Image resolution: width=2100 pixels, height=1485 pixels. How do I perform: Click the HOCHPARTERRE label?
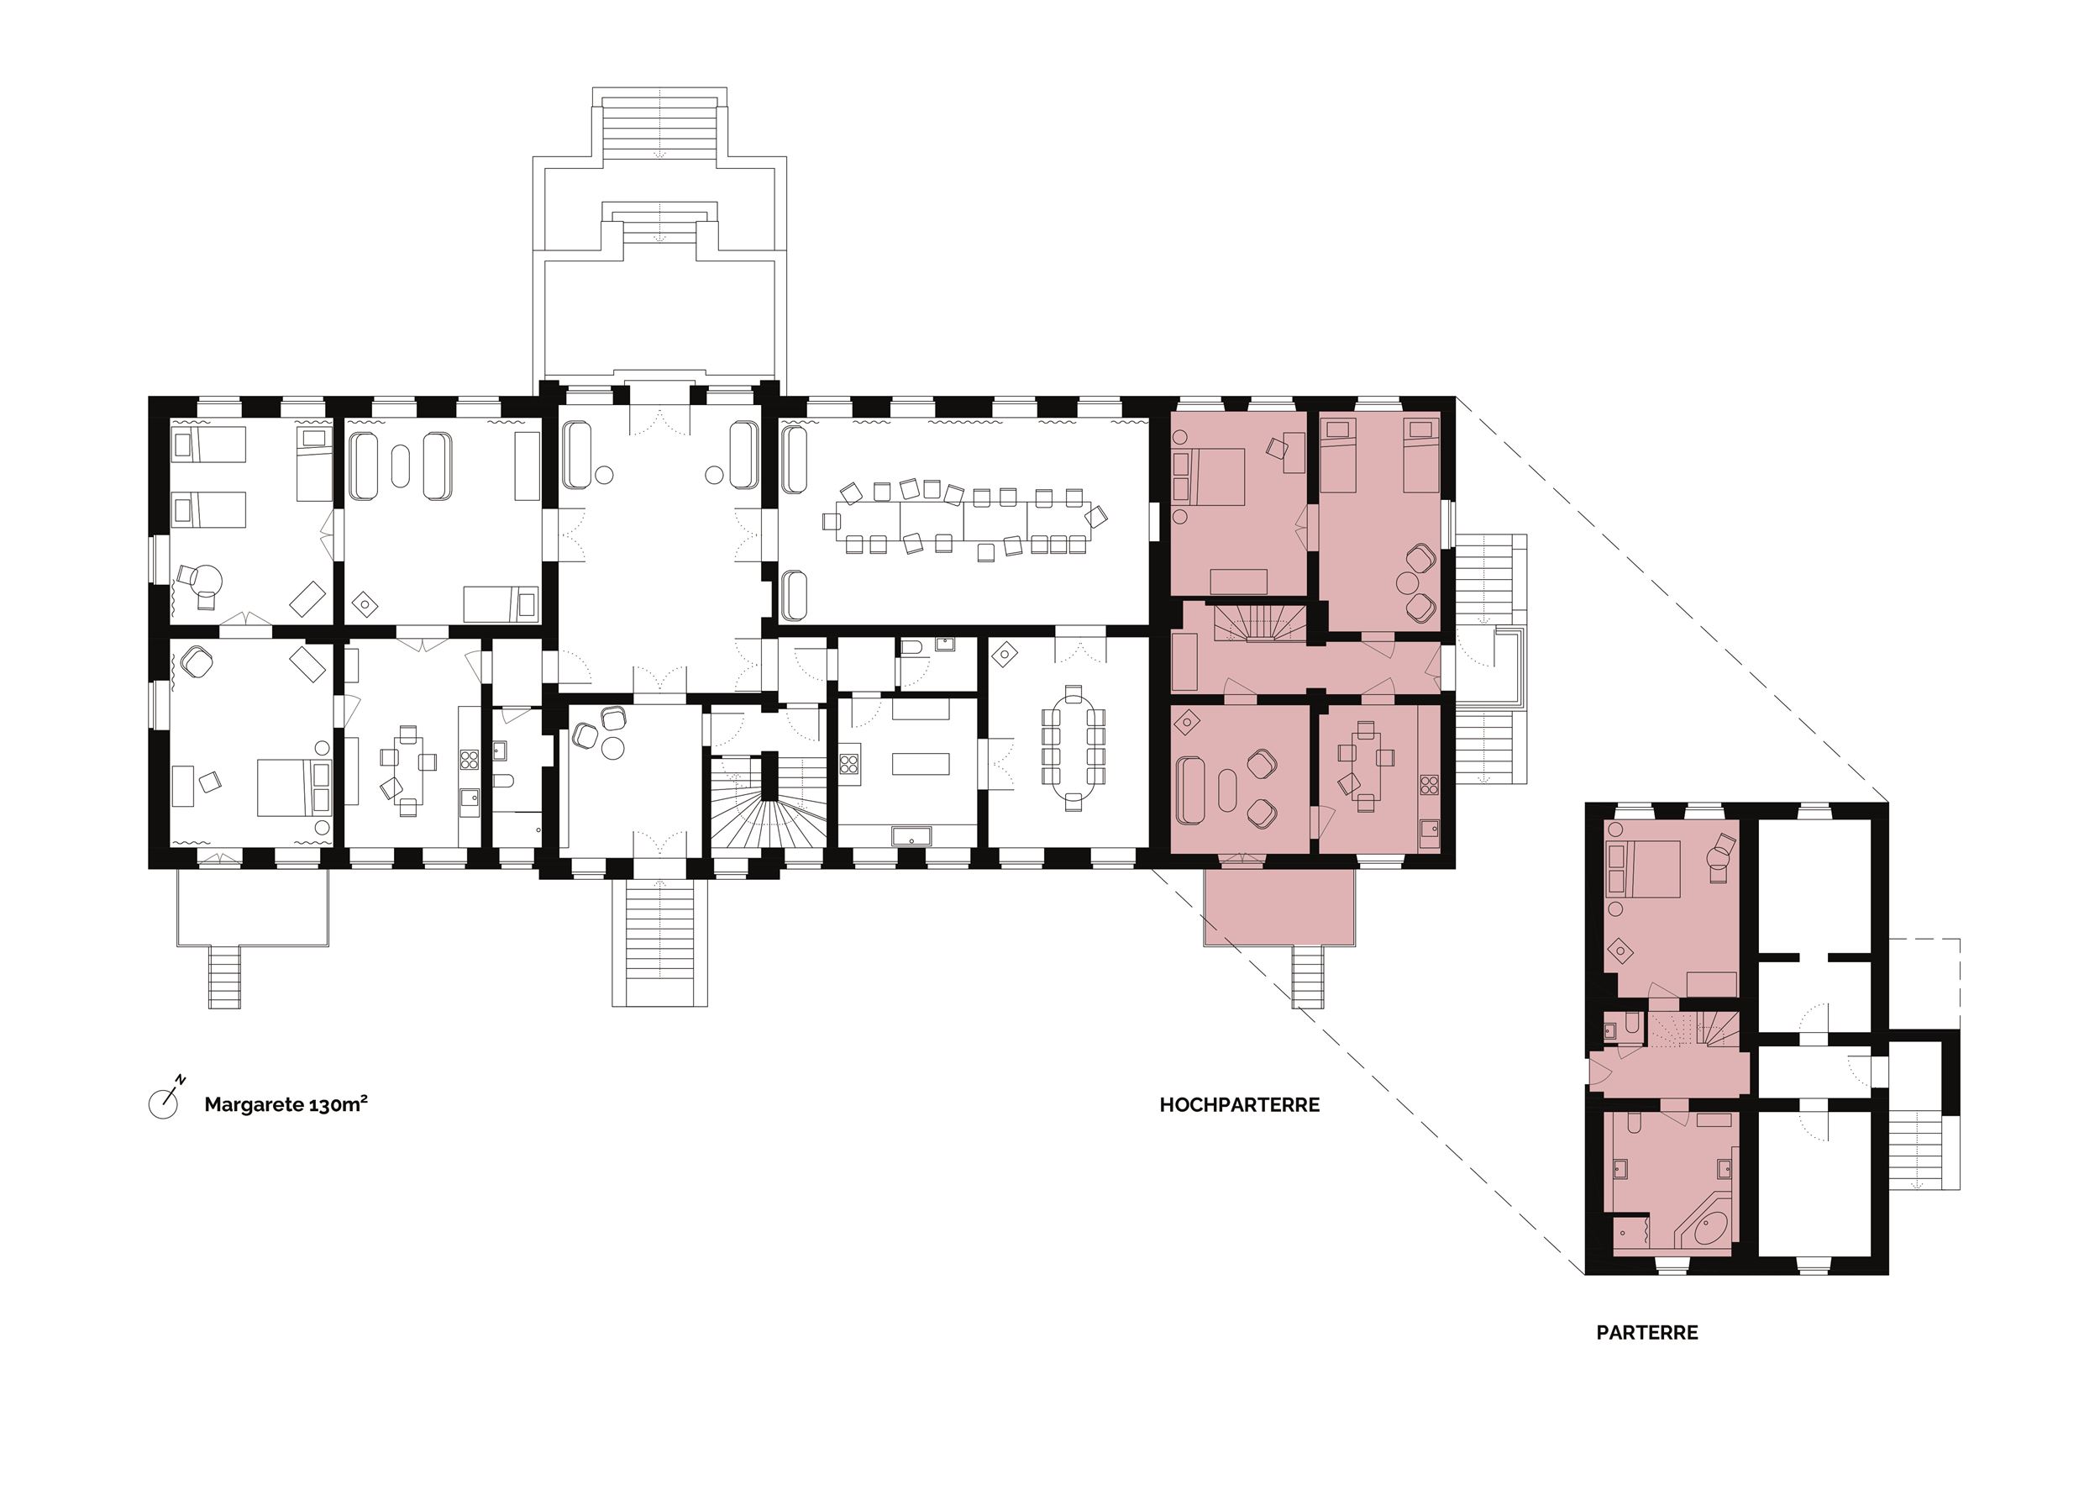[1239, 1105]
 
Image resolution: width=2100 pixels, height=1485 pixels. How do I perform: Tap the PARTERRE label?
[1646, 1333]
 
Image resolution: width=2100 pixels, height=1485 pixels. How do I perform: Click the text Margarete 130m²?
[286, 1104]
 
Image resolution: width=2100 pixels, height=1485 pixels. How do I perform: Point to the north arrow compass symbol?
[165, 1100]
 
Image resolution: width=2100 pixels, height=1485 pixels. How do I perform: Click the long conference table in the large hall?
[971, 519]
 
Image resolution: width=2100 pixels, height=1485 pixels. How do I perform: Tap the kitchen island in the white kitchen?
[920, 763]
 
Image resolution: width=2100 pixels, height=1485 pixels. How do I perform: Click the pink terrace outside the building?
[1278, 907]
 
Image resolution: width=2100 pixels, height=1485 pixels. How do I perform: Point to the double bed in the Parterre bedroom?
[1644, 869]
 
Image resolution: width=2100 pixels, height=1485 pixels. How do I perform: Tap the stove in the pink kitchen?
[1429, 784]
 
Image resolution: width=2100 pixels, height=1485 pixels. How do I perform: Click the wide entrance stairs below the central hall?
[659, 941]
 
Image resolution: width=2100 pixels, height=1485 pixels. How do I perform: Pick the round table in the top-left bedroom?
[207, 579]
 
